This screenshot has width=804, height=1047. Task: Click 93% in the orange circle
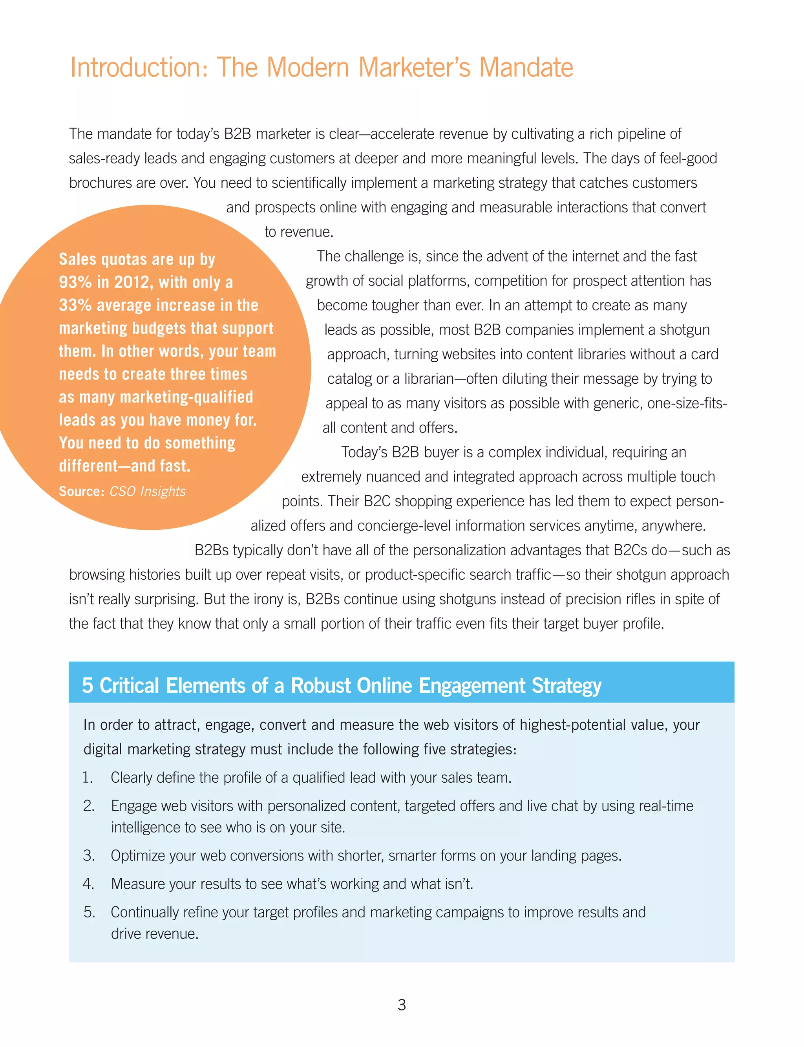(75, 282)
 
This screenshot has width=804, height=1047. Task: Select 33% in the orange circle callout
(75, 305)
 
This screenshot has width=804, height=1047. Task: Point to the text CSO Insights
(147, 491)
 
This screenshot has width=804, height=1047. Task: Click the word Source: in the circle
(81, 491)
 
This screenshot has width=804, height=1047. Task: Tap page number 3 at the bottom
(402, 1005)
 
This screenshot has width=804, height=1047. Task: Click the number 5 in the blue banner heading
(87, 685)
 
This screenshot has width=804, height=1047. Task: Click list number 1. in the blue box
(88, 778)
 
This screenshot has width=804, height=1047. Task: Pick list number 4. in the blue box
(88, 884)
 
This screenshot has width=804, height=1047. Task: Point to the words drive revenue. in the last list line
(155, 934)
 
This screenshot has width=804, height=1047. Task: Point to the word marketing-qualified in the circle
(186, 397)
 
